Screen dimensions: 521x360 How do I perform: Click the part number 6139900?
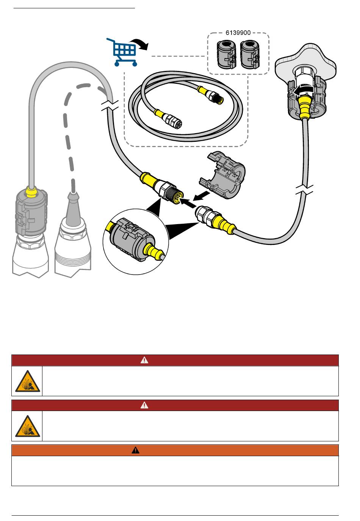[x=238, y=33]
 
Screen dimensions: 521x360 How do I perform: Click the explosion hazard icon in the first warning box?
[x=27, y=381]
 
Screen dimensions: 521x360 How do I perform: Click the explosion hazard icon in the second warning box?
[x=27, y=426]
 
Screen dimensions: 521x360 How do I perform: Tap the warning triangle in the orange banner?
[x=136, y=450]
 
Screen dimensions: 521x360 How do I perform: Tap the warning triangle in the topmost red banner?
[x=144, y=360]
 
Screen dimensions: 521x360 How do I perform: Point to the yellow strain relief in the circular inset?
[x=153, y=250]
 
